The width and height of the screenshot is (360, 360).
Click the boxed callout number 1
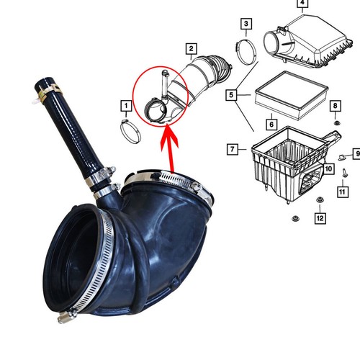[126, 108]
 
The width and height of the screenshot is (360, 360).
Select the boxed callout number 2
[191, 50]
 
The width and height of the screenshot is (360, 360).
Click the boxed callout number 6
[271, 124]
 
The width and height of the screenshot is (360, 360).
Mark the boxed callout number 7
[233, 149]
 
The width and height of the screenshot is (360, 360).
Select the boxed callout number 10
[328, 169]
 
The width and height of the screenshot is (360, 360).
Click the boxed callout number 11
[343, 193]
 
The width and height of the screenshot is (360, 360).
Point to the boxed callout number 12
[320, 217]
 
